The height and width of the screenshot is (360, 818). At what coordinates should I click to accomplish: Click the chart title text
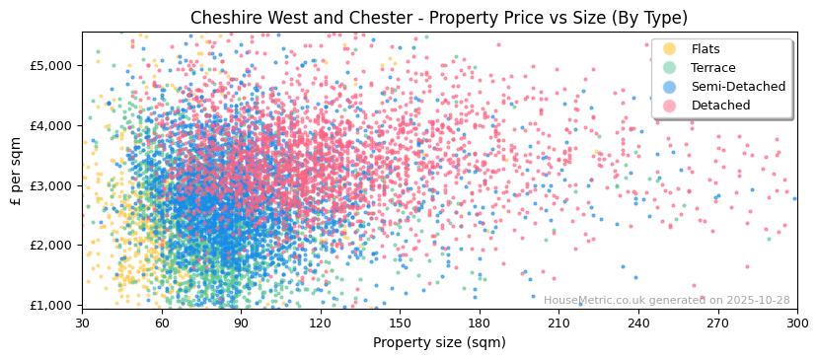tap(439, 18)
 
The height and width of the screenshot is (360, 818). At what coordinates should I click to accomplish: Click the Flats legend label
tap(706, 49)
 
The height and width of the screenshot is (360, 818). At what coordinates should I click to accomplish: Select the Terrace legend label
tap(713, 68)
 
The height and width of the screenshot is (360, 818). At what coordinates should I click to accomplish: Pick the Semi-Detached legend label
tap(738, 87)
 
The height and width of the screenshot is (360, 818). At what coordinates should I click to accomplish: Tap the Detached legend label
tap(720, 106)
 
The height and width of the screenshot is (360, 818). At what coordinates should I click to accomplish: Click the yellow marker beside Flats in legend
tap(670, 49)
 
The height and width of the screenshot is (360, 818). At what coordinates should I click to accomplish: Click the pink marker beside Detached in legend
tap(670, 106)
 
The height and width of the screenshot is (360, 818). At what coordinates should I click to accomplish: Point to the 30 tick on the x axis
tap(82, 323)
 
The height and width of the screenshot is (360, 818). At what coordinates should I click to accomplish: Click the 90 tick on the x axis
tap(241, 323)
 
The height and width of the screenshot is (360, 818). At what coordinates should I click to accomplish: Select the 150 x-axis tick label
tap(400, 323)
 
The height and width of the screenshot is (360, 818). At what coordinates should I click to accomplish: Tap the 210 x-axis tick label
tap(558, 323)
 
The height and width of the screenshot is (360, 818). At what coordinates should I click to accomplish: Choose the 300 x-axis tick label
tap(796, 323)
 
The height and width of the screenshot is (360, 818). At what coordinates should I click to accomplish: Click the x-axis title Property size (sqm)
tap(439, 342)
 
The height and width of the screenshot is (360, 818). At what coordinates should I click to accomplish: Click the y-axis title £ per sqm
tap(17, 172)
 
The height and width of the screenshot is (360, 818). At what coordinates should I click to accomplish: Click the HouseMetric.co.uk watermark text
tap(666, 300)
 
